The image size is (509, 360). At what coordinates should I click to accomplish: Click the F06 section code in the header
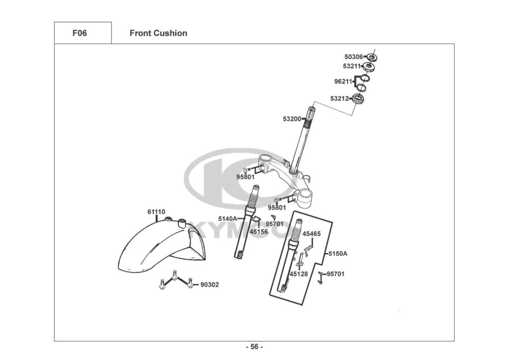[x=79, y=34]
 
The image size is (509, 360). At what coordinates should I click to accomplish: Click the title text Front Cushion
[x=158, y=34]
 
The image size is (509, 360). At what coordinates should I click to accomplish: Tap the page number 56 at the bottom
[x=254, y=347]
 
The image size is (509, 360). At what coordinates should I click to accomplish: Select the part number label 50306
[x=354, y=57]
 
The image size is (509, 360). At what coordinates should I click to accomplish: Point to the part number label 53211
[x=352, y=66]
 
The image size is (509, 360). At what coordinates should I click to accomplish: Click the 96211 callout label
[x=343, y=81]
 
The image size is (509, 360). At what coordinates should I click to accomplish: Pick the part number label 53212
[x=340, y=99]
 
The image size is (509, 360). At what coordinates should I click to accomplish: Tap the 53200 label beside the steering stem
[x=292, y=119]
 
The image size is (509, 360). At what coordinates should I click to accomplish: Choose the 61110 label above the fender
[x=156, y=212]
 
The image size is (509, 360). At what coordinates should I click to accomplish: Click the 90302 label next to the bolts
[x=209, y=285]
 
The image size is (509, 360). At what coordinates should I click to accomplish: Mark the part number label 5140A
[x=227, y=219]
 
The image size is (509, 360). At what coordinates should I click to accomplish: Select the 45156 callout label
[x=259, y=232]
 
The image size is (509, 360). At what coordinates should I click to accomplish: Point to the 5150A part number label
[x=337, y=253]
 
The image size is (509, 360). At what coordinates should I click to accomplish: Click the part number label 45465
[x=312, y=234]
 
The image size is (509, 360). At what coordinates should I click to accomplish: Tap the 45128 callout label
[x=299, y=274]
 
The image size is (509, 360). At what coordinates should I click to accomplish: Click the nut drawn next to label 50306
[x=372, y=57]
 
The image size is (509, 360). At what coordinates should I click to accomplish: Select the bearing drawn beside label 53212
[x=360, y=99]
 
